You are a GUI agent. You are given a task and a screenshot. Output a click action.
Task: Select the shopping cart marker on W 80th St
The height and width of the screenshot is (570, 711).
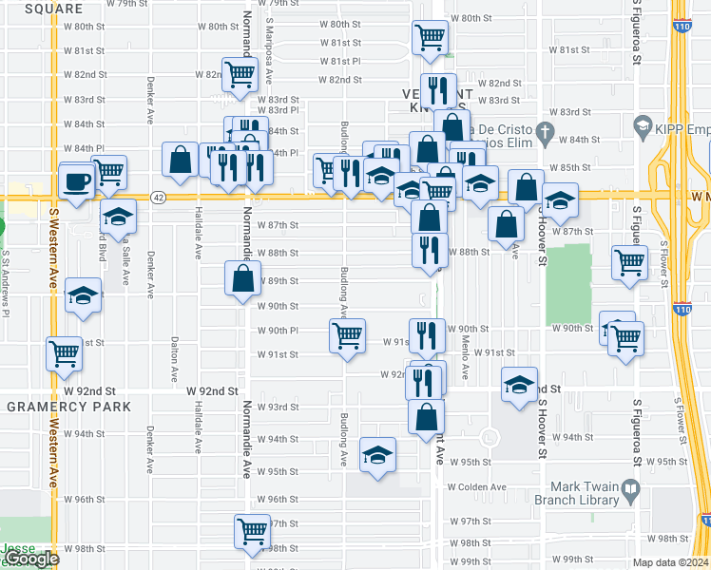pyautogui.click(x=430, y=39)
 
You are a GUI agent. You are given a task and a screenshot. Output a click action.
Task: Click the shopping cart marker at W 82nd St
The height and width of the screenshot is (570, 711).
pyautogui.click(x=240, y=74)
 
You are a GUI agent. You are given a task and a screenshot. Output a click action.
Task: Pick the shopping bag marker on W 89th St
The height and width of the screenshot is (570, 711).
pyautogui.click(x=242, y=278)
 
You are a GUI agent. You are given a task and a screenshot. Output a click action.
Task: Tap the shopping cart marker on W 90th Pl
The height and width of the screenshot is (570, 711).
pyautogui.click(x=348, y=335)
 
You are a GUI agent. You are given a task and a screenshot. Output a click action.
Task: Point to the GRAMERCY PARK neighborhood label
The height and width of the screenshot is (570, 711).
pyautogui.click(x=68, y=407)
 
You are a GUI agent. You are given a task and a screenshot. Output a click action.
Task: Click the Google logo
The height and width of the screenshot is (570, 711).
pyautogui.click(x=30, y=559)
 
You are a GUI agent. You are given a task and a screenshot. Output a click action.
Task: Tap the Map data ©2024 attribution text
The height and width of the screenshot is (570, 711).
pyautogui.click(x=671, y=562)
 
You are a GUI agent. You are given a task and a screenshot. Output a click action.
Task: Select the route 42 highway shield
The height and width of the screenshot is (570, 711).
pyautogui.click(x=158, y=198)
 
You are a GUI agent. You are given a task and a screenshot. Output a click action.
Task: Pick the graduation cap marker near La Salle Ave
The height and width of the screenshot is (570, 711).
pyautogui.click(x=118, y=217)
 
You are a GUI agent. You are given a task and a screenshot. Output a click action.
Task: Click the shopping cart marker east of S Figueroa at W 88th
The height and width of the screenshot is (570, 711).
pyautogui.click(x=629, y=263)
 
